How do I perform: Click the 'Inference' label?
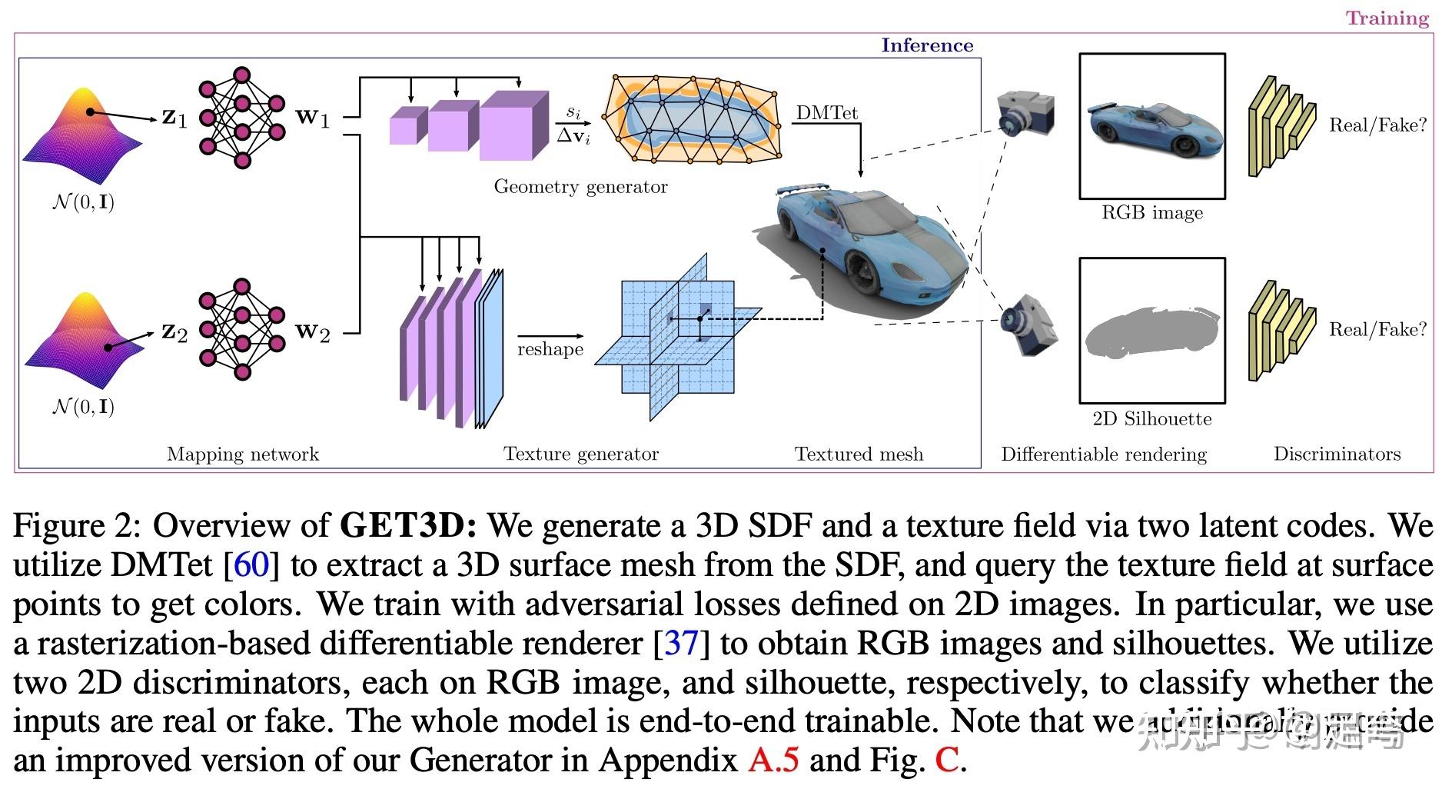(x=926, y=45)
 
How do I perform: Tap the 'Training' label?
(x=1386, y=18)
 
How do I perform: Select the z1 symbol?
(x=174, y=118)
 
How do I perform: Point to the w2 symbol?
(x=313, y=332)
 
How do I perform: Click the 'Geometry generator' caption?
(x=580, y=187)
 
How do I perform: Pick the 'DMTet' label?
(x=826, y=113)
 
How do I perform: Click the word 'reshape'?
(x=550, y=349)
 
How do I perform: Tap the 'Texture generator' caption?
(x=580, y=454)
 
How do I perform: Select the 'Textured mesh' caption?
(x=859, y=454)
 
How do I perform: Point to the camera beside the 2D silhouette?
(x=1028, y=325)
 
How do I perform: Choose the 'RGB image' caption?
(x=1151, y=213)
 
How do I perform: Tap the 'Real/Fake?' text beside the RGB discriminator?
(x=1377, y=125)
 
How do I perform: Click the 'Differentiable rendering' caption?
(x=1103, y=454)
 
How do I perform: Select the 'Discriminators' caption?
(x=1337, y=454)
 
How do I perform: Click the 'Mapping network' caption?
(x=242, y=454)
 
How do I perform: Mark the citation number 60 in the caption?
(x=251, y=564)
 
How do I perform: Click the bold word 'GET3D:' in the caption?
(x=408, y=525)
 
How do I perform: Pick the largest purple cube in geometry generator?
(x=511, y=127)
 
